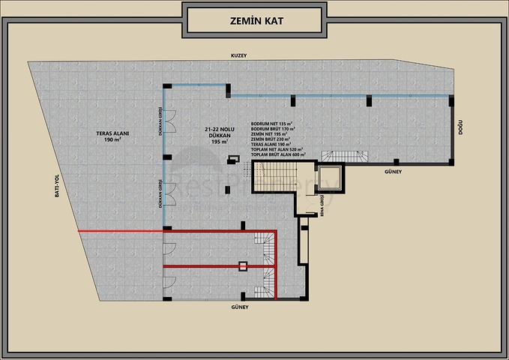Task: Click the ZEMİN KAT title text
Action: pyautogui.click(x=254, y=20)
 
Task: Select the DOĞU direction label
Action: pyautogui.click(x=460, y=129)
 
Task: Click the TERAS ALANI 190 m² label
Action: pyautogui.click(x=113, y=136)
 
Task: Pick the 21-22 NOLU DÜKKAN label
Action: pyautogui.click(x=219, y=135)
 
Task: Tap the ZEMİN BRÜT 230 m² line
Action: pyautogui.click(x=272, y=139)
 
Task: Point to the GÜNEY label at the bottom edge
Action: pyautogui.click(x=240, y=307)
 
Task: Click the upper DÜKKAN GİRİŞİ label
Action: pyautogui.click(x=160, y=121)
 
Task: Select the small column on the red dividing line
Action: pyautogui.click(x=243, y=265)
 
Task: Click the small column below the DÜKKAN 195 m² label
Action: pyautogui.click(x=232, y=159)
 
